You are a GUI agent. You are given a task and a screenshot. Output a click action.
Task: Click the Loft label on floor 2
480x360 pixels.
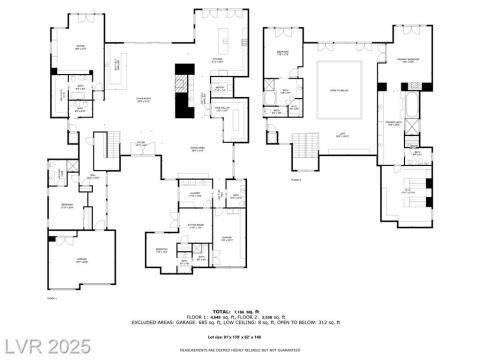[342, 136]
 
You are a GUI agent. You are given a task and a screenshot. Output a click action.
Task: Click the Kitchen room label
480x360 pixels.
[217, 59]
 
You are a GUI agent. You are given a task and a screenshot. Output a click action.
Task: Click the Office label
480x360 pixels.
[81, 46]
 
